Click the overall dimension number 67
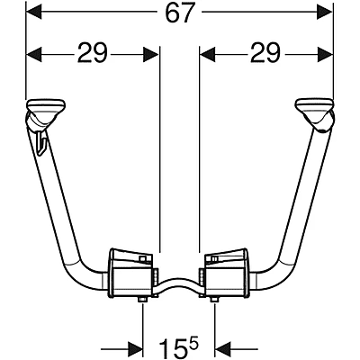click(x=179, y=13)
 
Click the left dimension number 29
click(x=92, y=53)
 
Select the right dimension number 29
click(x=265, y=53)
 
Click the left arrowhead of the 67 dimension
click(x=34, y=13)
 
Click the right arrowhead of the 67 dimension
click(x=325, y=13)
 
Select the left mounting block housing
click(x=131, y=274)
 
